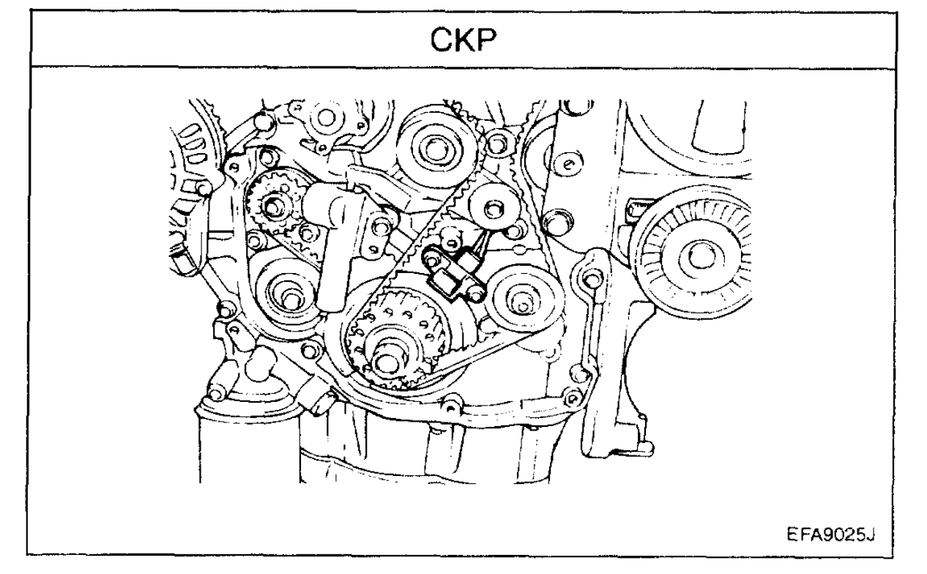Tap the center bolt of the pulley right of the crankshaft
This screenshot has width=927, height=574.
point(523,299)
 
